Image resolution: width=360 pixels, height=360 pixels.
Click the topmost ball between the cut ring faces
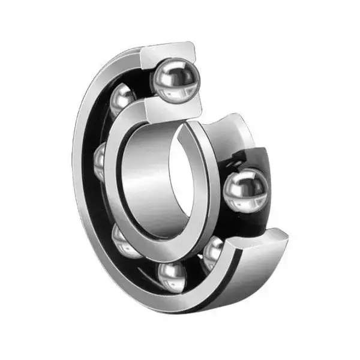pyautogui.click(x=175, y=79)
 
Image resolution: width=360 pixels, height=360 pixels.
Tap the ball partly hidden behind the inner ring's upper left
pyautogui.click(x=122, y=98)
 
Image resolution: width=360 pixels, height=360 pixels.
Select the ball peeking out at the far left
pyautogui.click(x=100, y=161)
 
